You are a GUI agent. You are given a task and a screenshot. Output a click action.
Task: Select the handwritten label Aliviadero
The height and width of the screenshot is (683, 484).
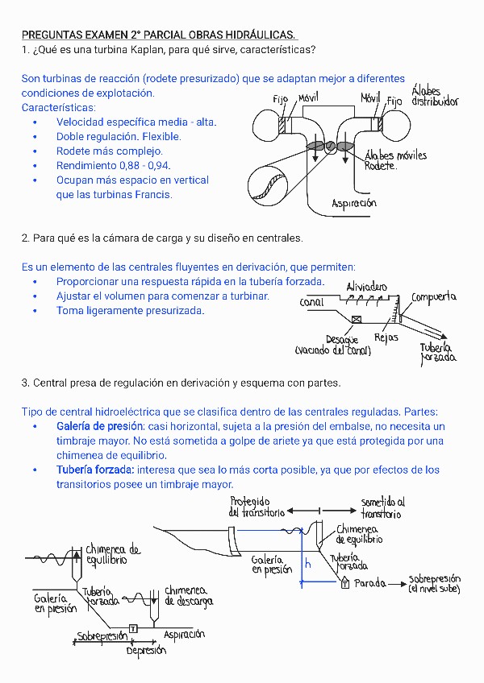tap(366, 287)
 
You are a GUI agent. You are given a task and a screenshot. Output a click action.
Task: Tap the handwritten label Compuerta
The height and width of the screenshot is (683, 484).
tap(433, 297)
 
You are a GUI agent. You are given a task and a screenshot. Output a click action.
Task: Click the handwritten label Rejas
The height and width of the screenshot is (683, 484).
tap(386, 338)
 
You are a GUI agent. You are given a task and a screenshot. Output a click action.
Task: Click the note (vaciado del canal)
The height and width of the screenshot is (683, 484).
tap(332, 351)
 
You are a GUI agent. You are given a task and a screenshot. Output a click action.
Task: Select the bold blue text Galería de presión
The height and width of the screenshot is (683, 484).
tap(100, 426)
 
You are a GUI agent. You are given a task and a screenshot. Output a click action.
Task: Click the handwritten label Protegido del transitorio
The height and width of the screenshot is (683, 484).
tap(257, 507)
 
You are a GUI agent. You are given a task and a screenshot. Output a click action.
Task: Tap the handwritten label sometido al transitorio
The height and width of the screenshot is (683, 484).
tap(382, 507)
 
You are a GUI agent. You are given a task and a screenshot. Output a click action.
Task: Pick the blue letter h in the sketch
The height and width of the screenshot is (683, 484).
tap(307, 565)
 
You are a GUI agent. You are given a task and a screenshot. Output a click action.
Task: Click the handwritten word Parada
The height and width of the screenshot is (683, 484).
tap(371, 582)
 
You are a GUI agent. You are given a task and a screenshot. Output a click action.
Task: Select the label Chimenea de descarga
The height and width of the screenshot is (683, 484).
tap(189, 596)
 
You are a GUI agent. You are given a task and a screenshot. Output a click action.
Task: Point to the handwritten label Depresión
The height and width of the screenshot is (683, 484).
tap(146, 650)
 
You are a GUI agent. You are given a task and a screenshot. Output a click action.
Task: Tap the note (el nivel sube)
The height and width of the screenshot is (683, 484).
tap(434, 590)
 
